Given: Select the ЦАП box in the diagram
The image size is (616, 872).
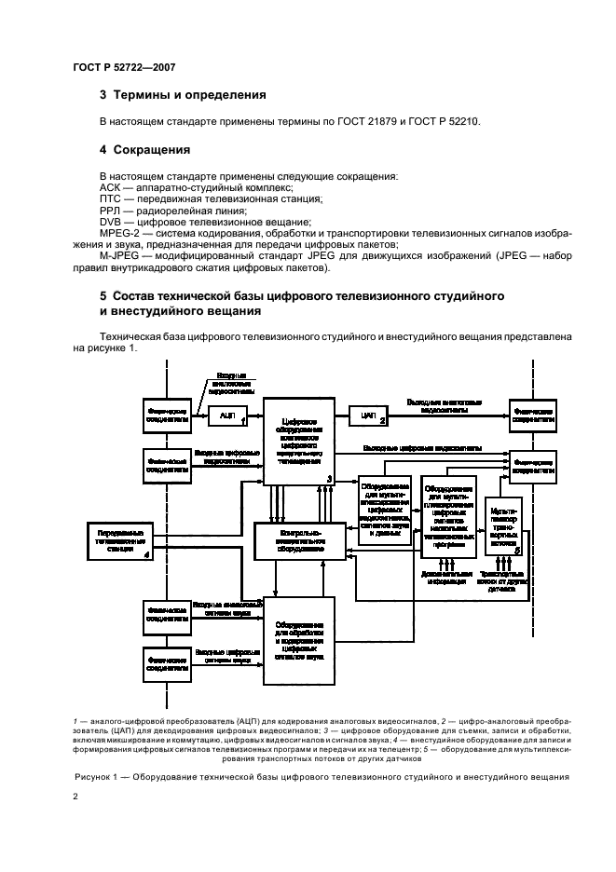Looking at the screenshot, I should pos(368,413).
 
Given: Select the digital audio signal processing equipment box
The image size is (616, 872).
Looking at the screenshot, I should pos(298,640).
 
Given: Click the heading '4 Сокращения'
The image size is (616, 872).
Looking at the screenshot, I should pos(145,149).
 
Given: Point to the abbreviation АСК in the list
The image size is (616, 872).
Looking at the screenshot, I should pos(110,187).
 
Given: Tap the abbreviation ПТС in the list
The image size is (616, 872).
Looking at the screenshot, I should pos(110,198).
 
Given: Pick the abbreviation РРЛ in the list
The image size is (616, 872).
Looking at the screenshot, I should pos(110,210).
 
